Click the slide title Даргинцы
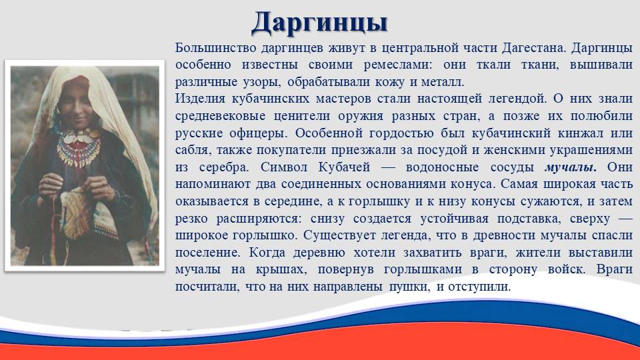(319, 23)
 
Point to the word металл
(443, 82)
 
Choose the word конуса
(472, 185)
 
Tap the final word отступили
(479, 287)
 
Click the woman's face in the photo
(77, 103)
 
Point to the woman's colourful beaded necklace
(79, 148)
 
